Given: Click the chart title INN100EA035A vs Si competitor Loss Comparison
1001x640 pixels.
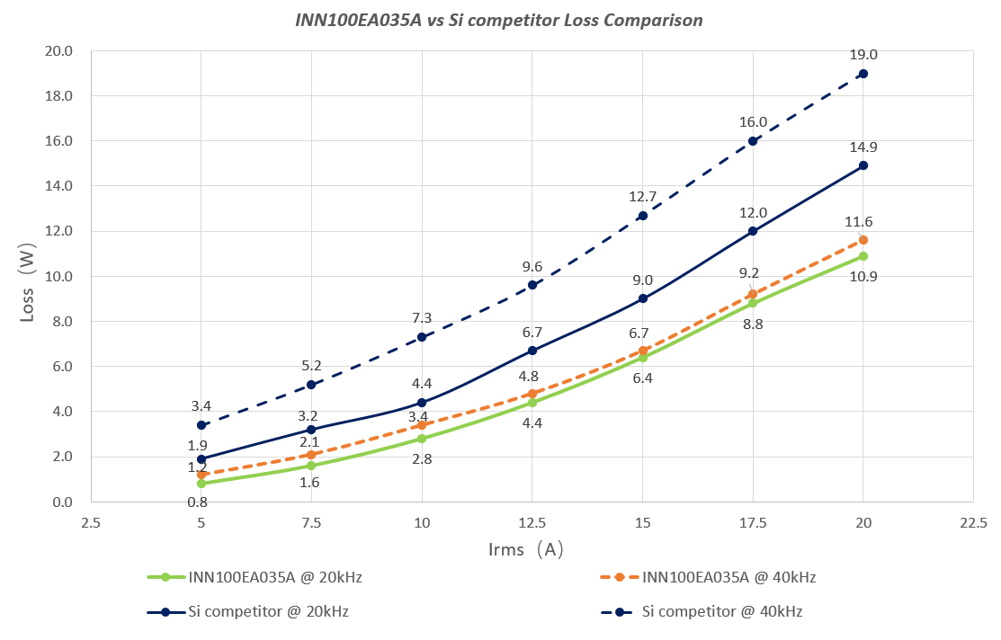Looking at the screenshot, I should point(500,19).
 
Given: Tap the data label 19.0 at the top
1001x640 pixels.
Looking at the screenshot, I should point(862,55).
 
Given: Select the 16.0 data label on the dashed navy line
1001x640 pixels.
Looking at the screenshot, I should point(753,122).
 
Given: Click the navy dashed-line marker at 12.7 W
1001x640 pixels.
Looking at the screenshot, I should point(643,216).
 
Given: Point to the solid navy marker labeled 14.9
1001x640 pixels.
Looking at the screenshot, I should point(863,165).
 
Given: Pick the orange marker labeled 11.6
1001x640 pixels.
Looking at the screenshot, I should point(863,240).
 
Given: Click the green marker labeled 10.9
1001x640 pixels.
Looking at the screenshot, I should point(863,256).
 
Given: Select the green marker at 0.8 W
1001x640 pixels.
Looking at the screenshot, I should point(201,484).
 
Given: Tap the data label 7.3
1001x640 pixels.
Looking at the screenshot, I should point(422,318).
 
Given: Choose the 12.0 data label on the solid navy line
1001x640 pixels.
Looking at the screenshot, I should point(753,213).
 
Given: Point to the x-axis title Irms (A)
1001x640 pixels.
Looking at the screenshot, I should point(526,549).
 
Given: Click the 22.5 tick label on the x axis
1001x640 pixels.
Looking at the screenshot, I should point(973,522).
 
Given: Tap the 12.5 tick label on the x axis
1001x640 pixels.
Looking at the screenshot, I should point(532,522).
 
